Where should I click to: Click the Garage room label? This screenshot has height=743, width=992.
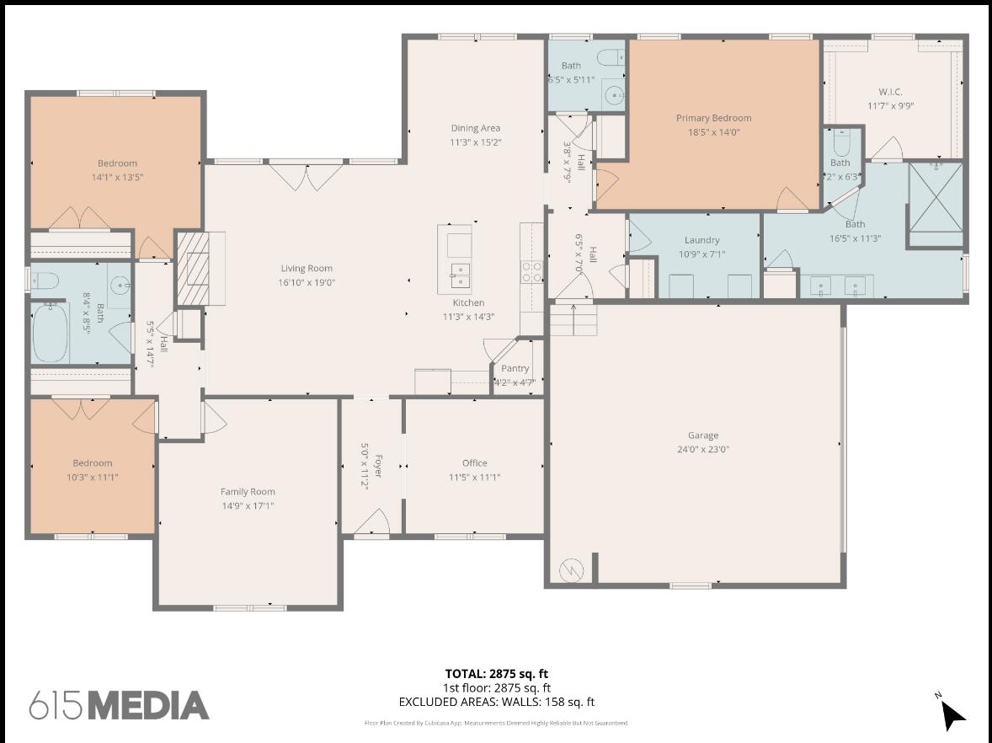[702, 436]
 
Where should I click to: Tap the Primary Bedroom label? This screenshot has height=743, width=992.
[713, 118]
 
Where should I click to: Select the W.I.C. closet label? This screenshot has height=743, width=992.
[890, 92]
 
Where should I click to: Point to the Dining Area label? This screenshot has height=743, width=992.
[475, 128]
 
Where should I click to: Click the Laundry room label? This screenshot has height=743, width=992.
[701, 240]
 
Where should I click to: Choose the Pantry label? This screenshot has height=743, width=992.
[515, 368]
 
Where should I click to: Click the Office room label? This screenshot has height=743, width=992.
[474, 462]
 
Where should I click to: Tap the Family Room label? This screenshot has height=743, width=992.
[248, 491]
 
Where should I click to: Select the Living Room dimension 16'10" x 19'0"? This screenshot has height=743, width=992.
[307, 282]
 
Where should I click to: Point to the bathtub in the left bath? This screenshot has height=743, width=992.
[51, 333]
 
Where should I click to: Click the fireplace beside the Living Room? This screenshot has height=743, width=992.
[191, 269]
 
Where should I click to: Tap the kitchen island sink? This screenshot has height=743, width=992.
[459, 272]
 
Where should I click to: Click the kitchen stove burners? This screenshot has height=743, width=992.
[532, 271]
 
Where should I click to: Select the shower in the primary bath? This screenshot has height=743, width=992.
[936, 197]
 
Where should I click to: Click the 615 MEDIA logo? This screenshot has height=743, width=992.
[119, 706]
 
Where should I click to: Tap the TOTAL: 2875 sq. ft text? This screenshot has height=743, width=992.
[496, 673]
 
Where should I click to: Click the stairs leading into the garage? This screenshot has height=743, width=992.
[573, 320]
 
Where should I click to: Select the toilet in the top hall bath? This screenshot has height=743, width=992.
[609, 57]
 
